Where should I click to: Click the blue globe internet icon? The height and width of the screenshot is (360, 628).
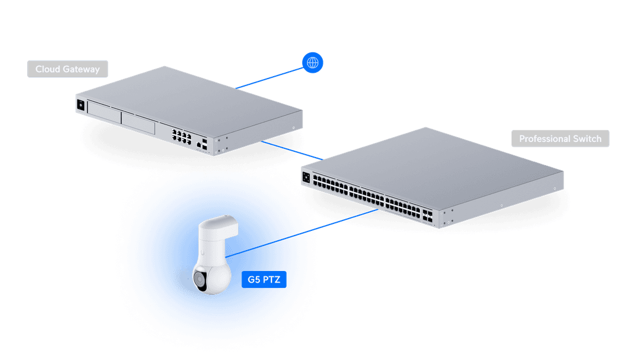click(x=313, y=62)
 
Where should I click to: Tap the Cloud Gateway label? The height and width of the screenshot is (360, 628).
click(x=67, y=69)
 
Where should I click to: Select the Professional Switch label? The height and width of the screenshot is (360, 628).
click(x=560, y=139)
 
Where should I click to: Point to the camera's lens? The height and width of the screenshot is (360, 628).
click(x=200, y=280)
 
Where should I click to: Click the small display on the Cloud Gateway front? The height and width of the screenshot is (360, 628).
click(x=80, y=105)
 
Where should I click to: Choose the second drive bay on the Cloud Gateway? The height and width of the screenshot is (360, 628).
click(x=138, y=123)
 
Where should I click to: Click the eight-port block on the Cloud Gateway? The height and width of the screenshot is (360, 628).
click(x=181, y=137)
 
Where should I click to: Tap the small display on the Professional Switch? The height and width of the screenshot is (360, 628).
click(x=306, y=174)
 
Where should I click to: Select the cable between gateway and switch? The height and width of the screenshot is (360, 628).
click(x=291, y=149)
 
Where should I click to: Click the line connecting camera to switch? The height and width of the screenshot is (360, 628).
click(x=302, y=233)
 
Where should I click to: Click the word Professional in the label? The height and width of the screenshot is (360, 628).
click(x=545, y=139)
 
